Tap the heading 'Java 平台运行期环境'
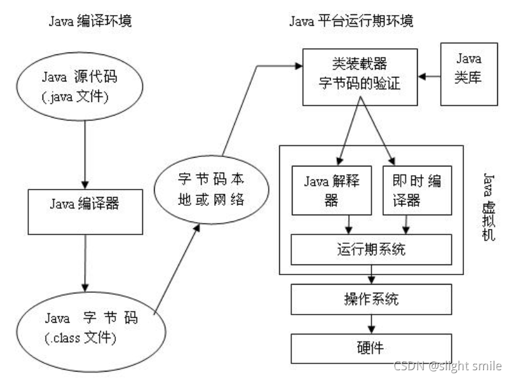tap(351, 21)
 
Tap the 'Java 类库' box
tap(468, 73)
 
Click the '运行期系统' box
tap(371, 250)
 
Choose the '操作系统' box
tap(371, 299)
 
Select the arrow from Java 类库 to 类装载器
tap(430, 76)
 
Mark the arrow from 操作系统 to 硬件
tap(372, 323)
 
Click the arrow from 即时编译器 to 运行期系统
tap(408, 223)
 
